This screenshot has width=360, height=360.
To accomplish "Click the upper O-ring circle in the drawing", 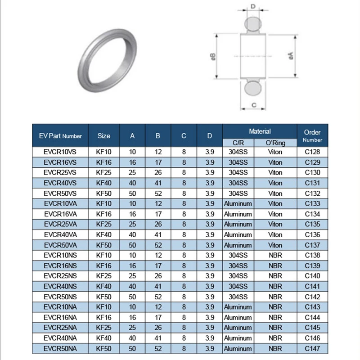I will click(x=253, y=25).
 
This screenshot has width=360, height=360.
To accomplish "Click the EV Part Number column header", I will click(x=60, y=135).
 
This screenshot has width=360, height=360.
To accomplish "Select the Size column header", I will click(x=103, y=135).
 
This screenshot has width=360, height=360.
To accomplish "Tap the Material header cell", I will click(x=260, y=131).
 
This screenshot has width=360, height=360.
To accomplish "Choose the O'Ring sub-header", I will click(x=275, y=143).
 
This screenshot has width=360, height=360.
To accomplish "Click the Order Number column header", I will click(x=312, y=135).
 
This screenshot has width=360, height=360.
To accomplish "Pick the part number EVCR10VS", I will click(x=60, y=152).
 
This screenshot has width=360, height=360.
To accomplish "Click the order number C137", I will click(x=312, y=245).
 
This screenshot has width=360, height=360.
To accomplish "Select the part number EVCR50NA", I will click(x=60, y=349).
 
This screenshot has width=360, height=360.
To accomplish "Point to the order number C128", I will click(x=312, y=152).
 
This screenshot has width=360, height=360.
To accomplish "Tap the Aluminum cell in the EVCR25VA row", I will click(x=238, y=225).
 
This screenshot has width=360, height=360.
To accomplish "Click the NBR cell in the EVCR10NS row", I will click(x=275, y=256).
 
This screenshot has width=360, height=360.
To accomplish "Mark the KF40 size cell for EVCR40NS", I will click(x=103, y=287).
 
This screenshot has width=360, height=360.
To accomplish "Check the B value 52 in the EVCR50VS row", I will click(x=158, y=193).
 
